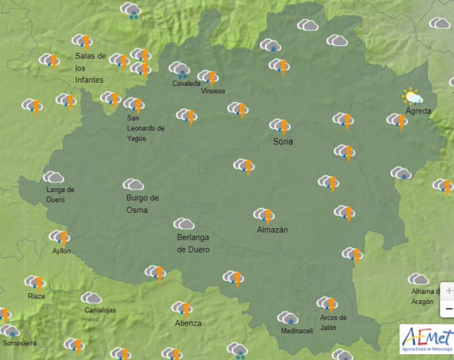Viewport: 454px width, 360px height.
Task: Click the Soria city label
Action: [283, 141]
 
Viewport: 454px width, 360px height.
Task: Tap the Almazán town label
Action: [272, 230]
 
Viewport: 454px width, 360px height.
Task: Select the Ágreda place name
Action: [418, 111]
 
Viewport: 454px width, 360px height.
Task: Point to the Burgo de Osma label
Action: [142, 204]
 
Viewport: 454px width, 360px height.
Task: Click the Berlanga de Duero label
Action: [193, 243]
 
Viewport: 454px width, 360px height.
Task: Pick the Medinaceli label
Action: [297, 331]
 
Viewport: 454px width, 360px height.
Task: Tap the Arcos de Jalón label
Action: [334, 322]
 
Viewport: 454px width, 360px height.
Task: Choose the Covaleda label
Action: [186, 83]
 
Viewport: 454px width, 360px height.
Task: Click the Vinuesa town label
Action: [213, 91]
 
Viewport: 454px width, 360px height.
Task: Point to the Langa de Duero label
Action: [60, 195]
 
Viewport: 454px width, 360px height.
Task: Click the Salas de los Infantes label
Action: [90, 67]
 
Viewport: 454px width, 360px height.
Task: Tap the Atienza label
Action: [188, 323]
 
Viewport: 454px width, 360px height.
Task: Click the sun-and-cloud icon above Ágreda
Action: [412, 96]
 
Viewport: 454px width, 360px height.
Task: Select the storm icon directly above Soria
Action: [280, 125]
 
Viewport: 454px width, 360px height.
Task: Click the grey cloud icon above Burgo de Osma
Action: [133, 184]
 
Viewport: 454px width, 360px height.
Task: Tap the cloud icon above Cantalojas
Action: [91, 298]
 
